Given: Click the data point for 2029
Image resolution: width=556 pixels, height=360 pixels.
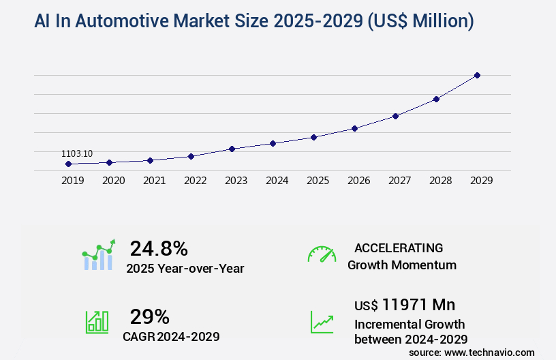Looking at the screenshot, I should [x=477, y=75].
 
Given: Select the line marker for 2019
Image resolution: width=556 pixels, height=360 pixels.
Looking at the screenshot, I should [x=68, y=164].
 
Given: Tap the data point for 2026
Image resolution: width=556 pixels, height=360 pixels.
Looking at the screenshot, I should [x=354, y=128].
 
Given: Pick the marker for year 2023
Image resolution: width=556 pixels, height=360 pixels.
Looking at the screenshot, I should [x=232, y=149].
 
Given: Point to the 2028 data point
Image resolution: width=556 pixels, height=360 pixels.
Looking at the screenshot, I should [x=436, y=99].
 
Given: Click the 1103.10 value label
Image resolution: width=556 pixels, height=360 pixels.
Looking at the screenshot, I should [x=77, y=153].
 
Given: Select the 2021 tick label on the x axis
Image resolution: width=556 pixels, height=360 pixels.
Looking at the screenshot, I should [x=154, y=181].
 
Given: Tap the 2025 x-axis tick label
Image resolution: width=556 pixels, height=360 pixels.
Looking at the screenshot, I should [x=318, y=181].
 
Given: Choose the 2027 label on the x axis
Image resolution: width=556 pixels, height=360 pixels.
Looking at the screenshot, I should [x=399, y=181].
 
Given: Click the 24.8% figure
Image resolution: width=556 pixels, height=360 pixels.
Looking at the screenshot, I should [x=159, y=248].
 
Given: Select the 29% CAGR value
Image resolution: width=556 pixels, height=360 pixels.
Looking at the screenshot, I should [x=149, y=316].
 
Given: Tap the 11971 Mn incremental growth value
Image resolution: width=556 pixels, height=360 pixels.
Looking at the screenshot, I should [x=405, y=304].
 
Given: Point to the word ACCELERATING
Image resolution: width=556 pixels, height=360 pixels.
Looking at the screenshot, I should [x=399, y=247].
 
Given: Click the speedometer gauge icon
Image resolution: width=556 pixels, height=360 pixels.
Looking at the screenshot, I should [x=322, y=254].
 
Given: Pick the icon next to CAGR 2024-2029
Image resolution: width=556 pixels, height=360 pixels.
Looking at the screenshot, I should [x=97, y=322].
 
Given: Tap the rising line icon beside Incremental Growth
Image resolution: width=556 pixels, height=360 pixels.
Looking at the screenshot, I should [x=322, y=322].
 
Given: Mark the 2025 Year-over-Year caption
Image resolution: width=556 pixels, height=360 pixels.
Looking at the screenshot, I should [x=185, y=269].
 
